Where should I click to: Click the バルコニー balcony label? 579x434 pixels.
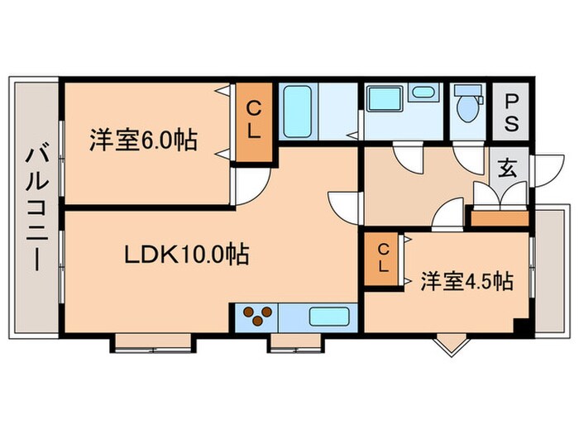(x=35, y=207)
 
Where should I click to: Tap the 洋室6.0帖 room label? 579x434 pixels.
(x=143, y=140)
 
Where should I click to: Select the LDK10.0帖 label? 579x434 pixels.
(x=188, y=255)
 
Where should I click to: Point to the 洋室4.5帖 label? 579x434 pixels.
(x=465, y=281)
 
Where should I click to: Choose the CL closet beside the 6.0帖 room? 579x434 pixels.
(x=255, y=121)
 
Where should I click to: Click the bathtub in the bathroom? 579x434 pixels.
(x=295, y=113)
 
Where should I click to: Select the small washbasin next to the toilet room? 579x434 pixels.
(x=423, y=92)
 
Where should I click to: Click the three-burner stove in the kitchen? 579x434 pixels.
(x=257, y=316)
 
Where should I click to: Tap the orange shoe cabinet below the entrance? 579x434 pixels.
(x=499, y=218)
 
